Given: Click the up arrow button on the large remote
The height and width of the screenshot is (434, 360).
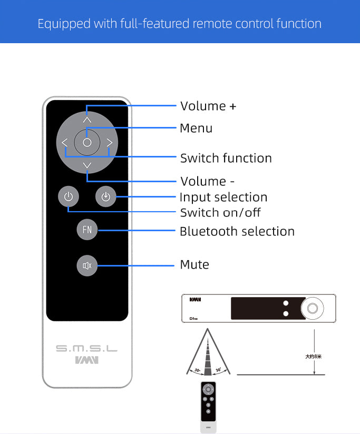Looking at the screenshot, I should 87,119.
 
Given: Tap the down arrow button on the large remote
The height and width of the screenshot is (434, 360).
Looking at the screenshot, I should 87,166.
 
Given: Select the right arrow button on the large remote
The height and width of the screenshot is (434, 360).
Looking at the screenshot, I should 109,142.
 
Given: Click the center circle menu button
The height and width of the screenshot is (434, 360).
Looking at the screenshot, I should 87,142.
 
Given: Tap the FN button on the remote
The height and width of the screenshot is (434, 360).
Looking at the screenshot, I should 87,230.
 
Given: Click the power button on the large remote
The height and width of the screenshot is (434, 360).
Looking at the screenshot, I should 68,197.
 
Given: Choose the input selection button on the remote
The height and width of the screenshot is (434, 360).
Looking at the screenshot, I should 106,197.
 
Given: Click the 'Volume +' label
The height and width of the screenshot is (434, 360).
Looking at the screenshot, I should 208,106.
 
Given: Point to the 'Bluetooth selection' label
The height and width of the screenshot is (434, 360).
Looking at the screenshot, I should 237,231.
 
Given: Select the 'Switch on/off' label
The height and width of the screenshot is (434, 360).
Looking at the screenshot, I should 220,213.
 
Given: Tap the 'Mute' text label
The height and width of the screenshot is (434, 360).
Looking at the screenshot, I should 194,264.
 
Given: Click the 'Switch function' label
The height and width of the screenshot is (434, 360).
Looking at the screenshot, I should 226,158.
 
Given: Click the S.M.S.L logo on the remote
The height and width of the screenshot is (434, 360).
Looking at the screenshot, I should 87,349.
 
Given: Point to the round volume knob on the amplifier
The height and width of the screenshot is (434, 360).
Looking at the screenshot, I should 312,308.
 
